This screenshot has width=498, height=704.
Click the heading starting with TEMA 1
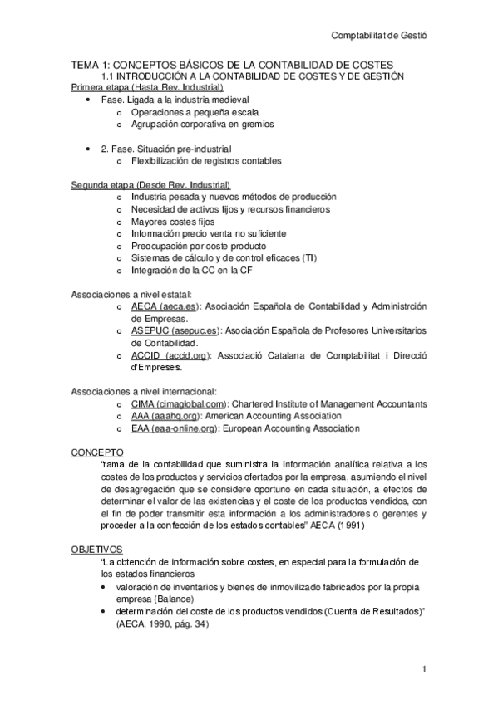[x=232, y=65]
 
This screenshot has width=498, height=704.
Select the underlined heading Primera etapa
[x=146, y=87]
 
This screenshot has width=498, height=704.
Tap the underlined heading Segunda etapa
[x=150, y=184]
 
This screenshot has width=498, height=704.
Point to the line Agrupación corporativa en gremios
[x=202, y=125]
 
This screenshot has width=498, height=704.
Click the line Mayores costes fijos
[x=173, y=222]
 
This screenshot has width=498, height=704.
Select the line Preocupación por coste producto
[x=199, y=247]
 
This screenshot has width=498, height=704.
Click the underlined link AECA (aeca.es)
[x=165, y=306]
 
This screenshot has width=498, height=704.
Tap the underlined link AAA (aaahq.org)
[x=163, y=416]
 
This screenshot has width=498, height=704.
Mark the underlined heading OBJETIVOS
[x=97, y=550]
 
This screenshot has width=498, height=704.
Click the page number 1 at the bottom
[x=424, y=670]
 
